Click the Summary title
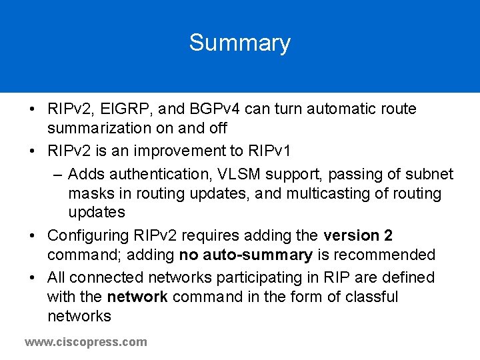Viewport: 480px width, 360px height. click(x=239, y=43)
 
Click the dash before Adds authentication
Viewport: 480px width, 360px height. click(x=57, y=175)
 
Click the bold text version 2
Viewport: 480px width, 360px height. click(x=358, y=235)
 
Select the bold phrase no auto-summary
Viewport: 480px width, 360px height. click(x=246, y=255)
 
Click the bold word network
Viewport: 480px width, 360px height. click(x=137, y=296)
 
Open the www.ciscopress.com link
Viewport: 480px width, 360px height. click(x=86, y=342)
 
